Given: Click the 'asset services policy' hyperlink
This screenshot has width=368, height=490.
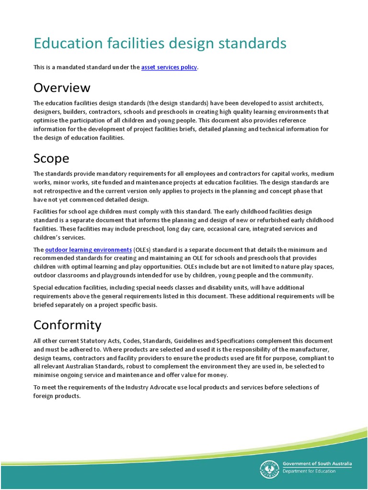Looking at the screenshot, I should [169, 67].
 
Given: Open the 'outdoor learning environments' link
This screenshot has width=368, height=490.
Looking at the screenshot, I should [88, 250].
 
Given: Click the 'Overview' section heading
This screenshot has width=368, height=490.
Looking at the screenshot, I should [61, 88].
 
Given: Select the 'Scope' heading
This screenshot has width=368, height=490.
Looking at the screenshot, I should [51, 158].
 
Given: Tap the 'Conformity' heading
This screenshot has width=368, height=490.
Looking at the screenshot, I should [67, 325].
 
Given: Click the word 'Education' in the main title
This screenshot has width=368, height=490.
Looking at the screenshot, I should [68, 43].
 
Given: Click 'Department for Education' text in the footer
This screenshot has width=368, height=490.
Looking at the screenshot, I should [309, 471].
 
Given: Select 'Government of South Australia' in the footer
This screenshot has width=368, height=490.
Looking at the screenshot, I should [317, 464].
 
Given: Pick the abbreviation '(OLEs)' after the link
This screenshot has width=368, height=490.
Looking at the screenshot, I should [144, 250].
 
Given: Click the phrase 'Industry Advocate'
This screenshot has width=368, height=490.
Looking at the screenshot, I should [144, 387].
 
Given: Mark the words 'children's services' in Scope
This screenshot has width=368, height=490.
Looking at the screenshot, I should [59, 237].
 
